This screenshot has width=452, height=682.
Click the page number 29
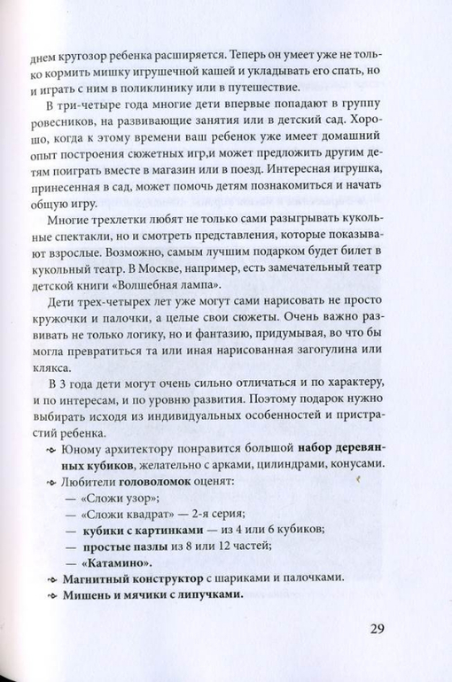coord(371,631)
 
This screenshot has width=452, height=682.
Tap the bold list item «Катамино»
coord(116,562)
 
